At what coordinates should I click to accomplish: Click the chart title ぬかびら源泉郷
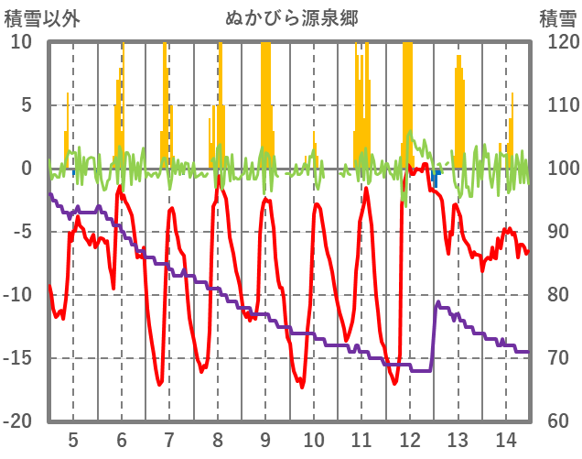tap(291, 17)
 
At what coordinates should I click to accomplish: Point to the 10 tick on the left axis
tap(21, 42)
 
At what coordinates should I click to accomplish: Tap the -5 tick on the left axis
tap(21, 232)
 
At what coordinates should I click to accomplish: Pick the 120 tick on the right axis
tap(556, 42)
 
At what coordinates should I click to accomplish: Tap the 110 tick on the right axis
tap(556, 105)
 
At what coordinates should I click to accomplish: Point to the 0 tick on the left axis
tap(26, 169)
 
